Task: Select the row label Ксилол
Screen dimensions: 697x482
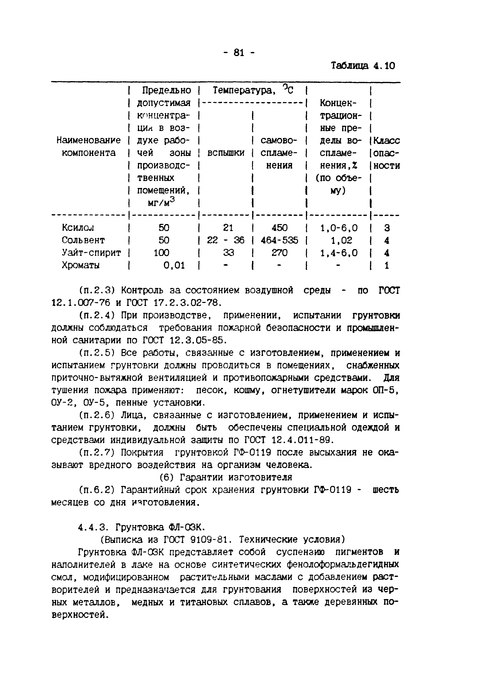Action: click(78, 228)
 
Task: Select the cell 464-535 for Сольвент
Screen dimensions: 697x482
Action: click(279, 240)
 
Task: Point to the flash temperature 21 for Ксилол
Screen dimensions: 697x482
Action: click(228, 228)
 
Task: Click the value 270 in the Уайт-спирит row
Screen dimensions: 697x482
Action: click(279, 253)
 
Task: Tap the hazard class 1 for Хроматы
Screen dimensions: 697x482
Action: click(387, 265)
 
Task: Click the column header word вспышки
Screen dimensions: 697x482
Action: click(226, 153)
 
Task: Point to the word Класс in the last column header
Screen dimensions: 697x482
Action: click(386, 141)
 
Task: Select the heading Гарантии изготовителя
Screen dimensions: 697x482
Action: click(236, 477)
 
